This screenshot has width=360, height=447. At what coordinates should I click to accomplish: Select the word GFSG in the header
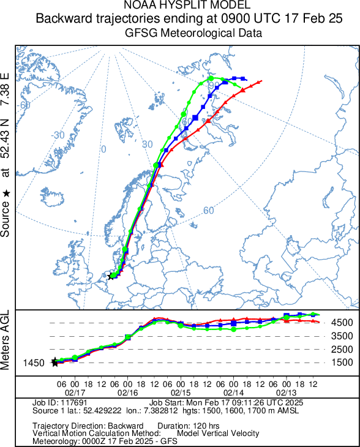[x=141, y=33]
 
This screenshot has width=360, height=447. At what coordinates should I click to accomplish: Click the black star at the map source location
[x=111, y=276]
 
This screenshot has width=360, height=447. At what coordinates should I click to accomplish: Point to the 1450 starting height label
[x=34, y=363]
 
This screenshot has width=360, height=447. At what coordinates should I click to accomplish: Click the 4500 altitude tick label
[x=342, y=323]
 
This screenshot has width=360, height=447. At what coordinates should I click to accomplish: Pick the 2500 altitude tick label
[x=342, y=349]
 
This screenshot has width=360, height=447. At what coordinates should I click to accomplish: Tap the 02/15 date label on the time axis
[x=181, y=393]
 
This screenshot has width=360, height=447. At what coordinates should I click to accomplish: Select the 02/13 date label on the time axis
[x=286, y=393]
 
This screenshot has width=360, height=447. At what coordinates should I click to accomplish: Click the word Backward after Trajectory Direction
[x=126, y=426]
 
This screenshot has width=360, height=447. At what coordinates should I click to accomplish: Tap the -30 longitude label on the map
[x=58, y=135]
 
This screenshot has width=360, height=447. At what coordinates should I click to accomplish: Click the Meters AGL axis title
[x=5, y=340]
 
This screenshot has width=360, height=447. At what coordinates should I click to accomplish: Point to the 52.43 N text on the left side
[x=5, y=138]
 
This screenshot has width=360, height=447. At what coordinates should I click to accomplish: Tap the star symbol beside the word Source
[x=6, y=194]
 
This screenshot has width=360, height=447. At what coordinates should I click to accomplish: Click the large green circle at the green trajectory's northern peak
[x=211, y=78]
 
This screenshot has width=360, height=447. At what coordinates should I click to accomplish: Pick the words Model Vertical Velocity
[x=218, y=434]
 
